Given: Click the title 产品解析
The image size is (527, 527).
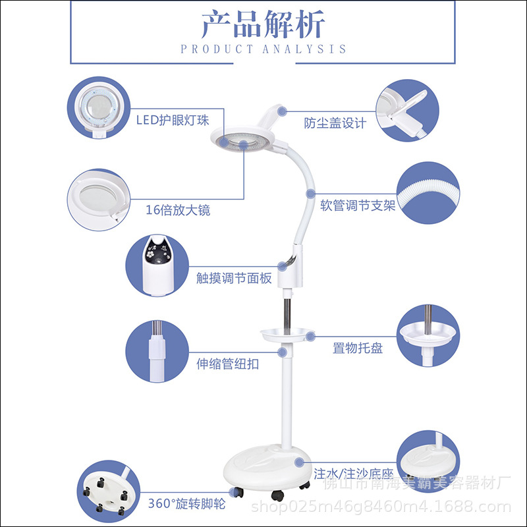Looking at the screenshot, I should [x=263, y=25].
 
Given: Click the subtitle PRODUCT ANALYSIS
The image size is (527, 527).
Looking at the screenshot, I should [x=263, y=49].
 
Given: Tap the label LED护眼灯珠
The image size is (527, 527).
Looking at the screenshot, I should [x=173, y=120].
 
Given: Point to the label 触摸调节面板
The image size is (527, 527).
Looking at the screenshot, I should [x=234, y=279].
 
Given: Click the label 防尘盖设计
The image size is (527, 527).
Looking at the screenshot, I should [x=335, y=123].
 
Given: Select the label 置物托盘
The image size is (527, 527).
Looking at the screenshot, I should [x=358, y=348].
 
